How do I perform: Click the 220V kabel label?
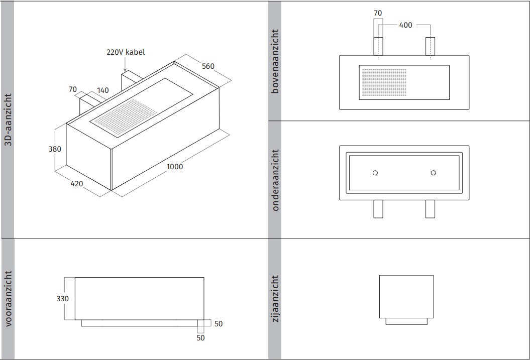pyautogui.click(x=126, y=52)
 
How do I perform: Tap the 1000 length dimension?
pyautogui.click(x=175, y=167)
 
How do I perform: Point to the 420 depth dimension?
pyautogui.click(x=76, y=184)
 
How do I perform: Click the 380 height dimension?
pyautogui.click(x=55, y=149)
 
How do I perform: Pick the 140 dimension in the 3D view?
pyautogui.click(x=102, y=90)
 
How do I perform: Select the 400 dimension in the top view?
pyautogui.click(x=405, y=25)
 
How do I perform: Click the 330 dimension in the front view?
pyautogui.click(x=62, y=299)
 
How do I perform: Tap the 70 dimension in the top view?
pyautogui.click(x=378, y=13)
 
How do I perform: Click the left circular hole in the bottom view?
pyautogui.click(x=375, y=173)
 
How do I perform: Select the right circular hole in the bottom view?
pyautogui.click(x=434, y=173)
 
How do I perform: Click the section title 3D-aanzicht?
pyautogui.click(x=8, y=119)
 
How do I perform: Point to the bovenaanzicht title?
pyautogui.click(x=275, y=61)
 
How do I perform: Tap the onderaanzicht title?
pyautogui.click(x=275, y=180)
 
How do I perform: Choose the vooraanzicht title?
pyautogui.click(x=8, y=299)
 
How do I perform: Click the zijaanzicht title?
pyautogui.click(x=275, y=299)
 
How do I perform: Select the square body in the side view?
pyautogui.click(x=406, y=296)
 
